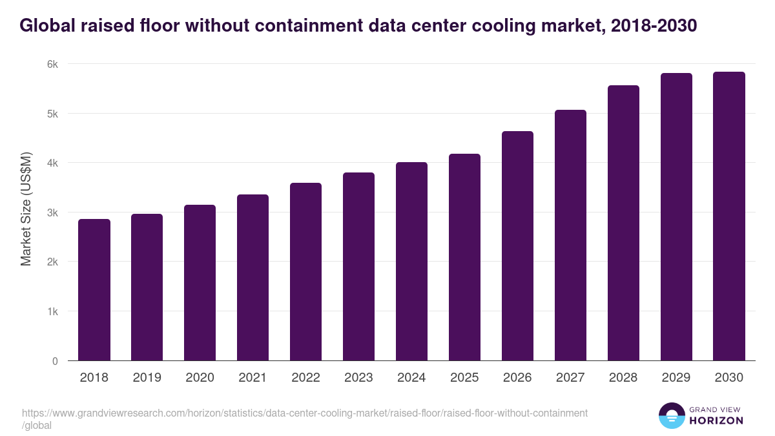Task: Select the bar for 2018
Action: click(x=94, y=290)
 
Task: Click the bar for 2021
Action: click(x=253, y=278)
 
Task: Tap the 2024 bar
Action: click(x=411, y=262)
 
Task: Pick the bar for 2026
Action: click(x=517, y=246)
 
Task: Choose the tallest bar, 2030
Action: click(x=729, y=216)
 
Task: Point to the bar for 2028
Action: click(x=623, y=223)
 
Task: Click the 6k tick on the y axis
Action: click(x=52, y=64)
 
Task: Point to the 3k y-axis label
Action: click(x=52, y=213)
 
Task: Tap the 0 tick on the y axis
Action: click(x=55, y=361)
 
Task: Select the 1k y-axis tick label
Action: click(x=52, y=311)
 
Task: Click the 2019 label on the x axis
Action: click(x=147, y=378)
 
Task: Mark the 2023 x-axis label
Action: click(x=358, y=378)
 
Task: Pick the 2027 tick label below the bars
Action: click(x=570, y=378)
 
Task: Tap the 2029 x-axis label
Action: click(x=676, y=378)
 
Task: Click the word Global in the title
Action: click(x=45, y=26)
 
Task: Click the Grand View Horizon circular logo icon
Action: click(x=672, y=416)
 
